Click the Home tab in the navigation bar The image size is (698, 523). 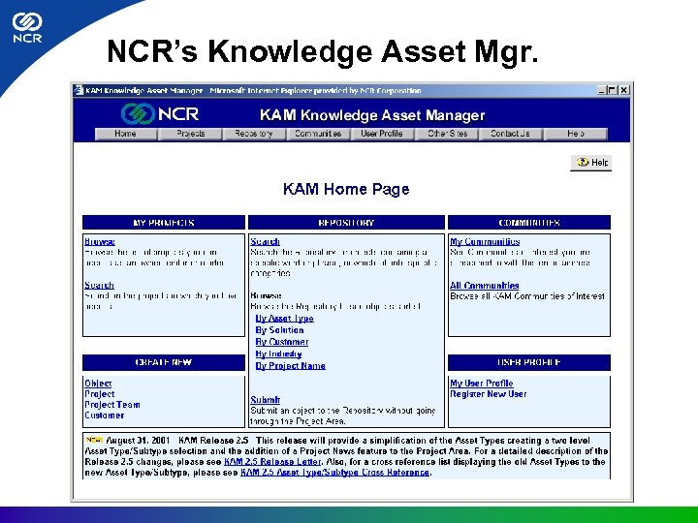(125, 134)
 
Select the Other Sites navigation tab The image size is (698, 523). (447, 134)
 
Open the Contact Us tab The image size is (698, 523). (510, 134)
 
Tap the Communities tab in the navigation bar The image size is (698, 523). (318, 134)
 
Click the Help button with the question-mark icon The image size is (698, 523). (591, 163)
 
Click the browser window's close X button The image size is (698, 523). (624, 91)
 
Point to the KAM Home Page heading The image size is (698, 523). (346, 189)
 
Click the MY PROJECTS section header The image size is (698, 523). (164, 223)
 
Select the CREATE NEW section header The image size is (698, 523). (164, 362)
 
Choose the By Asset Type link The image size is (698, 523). (284, 319)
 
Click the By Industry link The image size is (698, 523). (278, 354)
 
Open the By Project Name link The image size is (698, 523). (290, 366)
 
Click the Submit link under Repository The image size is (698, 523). (265, 400)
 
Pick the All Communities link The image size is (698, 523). (484, 286)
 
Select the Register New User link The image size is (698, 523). (488, 394)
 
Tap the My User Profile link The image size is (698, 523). (481, 384)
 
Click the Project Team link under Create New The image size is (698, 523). (111, 405)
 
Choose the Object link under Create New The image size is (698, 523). (98, 384)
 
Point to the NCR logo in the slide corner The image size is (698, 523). (26, 29)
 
